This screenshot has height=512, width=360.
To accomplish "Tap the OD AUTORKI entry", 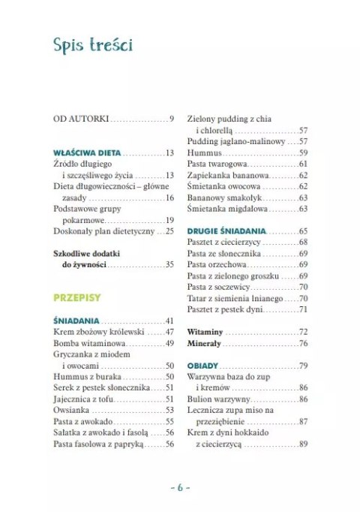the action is [82, 119].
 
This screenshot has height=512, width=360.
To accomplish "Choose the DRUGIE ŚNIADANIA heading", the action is [226, 231].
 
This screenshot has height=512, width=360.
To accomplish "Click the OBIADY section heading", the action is [203, 366].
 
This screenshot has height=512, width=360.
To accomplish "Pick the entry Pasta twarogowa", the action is [217, 164].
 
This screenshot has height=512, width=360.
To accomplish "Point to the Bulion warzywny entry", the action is [223, 399].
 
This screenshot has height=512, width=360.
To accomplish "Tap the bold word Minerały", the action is [204, 343].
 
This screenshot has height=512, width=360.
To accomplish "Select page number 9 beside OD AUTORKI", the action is [172, 119].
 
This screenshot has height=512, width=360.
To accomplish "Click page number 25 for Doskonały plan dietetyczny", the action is [169, 232].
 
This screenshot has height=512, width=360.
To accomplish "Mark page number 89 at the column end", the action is [304, 444].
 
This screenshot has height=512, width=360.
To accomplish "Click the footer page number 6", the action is [180, 486].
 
